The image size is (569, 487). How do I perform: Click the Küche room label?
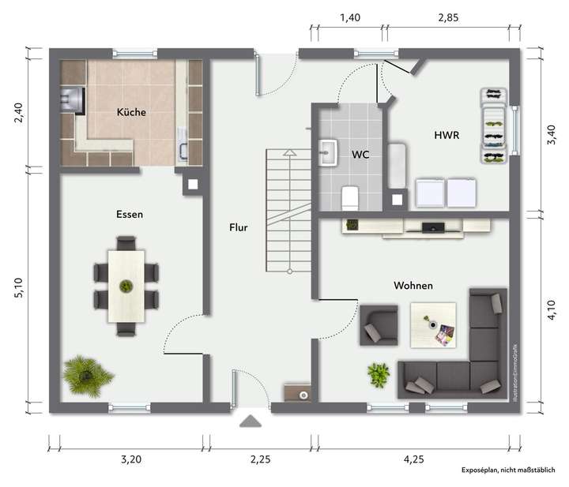click(x=131, y=112)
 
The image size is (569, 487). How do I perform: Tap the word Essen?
click(x=129, y=214)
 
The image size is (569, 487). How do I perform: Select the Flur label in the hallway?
click(x=239, y=228)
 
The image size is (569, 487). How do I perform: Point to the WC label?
click(x=360, y=155)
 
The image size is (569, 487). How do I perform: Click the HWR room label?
click(x=447, y=136)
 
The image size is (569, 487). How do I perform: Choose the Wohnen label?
click(x=413, y=285)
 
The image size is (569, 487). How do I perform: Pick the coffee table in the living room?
click(x=433, y=324)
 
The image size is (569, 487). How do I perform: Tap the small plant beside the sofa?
click(x=379, y=373)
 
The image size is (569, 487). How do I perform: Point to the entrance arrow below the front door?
click(x=251, y=421)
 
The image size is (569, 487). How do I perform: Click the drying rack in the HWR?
click(x=494, y=126)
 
